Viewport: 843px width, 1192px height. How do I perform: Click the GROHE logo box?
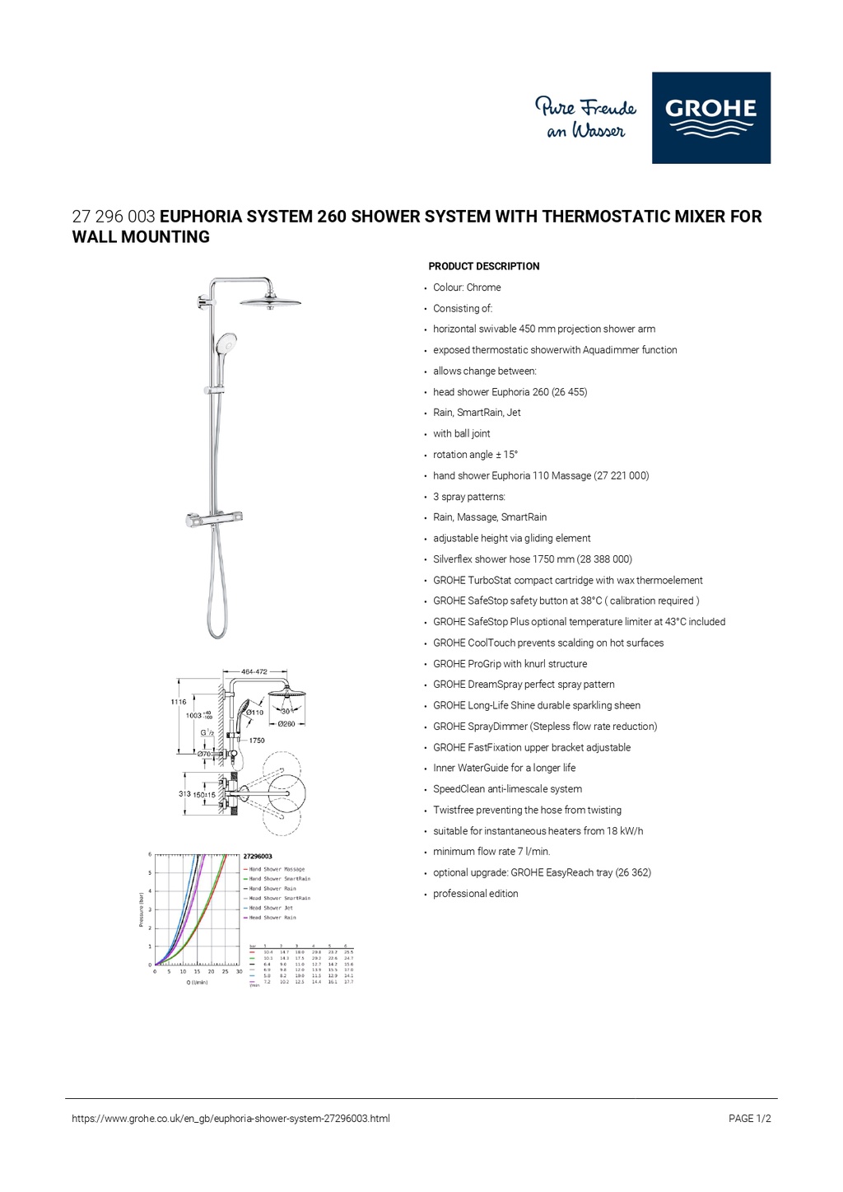point(711,118)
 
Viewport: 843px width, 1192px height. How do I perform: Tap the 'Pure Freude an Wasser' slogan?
point(585,119)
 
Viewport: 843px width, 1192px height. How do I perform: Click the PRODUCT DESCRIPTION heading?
point(483,266)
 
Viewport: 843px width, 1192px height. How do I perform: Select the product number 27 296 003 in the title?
point(114,217)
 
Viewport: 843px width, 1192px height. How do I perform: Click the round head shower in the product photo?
point(270,302)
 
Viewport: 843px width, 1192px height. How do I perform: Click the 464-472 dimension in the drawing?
point(254,672)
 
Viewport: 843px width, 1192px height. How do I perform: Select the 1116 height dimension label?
point(179,702)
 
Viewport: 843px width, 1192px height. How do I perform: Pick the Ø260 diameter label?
point(286,724)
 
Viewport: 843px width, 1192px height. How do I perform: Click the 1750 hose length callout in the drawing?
point(257,741)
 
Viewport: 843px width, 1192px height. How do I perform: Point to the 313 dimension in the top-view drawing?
point(184,794)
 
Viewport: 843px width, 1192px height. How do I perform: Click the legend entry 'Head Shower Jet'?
point(272,908)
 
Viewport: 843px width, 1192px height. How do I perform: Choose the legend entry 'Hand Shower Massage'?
point(277,869)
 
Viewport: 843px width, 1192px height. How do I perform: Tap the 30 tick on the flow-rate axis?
point(239,972)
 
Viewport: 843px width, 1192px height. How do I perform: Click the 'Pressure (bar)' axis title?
point(142,910)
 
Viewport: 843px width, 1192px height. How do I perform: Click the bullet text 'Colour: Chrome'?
point(467,287)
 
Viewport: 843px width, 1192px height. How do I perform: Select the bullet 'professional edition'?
point(476,894)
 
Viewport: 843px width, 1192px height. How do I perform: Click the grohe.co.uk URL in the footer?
point(231,1119)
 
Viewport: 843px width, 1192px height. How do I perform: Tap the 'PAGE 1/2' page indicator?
point(749,1119)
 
